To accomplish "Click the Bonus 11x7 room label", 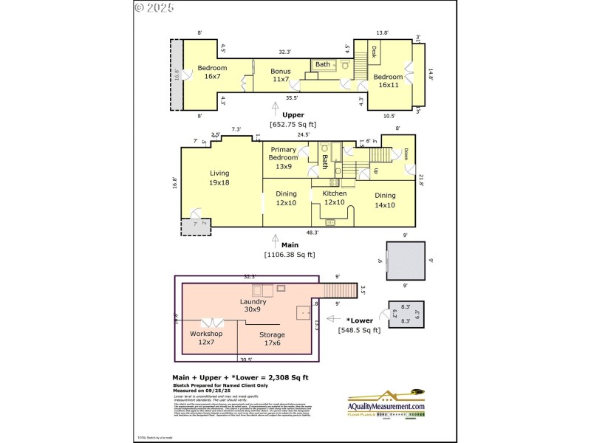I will point(280,76).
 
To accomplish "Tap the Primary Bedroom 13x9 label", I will point(283,158).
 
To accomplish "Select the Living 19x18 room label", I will point(219,178).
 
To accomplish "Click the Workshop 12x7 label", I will point(206,338).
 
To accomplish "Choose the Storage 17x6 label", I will point(272,339).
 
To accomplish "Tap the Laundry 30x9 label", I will point(253,306).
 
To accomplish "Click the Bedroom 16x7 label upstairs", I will point(212,72).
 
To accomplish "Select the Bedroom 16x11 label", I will point(388,81).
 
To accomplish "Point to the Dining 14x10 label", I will point(385,200).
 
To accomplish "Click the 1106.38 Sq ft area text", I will point(290,255).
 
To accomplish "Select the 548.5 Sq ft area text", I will point(359,330).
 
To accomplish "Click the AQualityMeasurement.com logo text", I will point(387,407).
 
